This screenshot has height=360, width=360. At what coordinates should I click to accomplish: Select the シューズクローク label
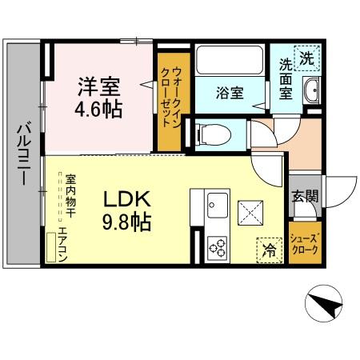(x=304, y=243)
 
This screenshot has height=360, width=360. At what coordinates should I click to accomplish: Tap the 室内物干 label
(x=70, y=197)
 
